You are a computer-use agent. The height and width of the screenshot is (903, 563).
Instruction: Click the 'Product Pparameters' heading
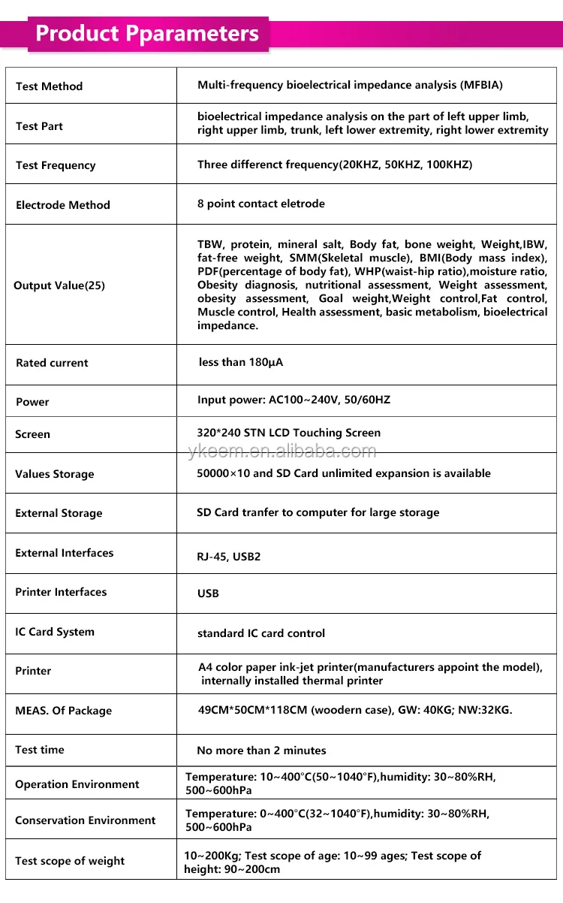pos(147,34)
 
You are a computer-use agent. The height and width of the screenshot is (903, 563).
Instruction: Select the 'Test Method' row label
pos(49,86)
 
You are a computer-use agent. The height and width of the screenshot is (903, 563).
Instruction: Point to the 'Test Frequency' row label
pos(56,165)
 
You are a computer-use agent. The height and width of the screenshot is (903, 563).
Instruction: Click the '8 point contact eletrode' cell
pos(261,204)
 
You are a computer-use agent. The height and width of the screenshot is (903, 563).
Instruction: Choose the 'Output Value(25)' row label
pos(59,285)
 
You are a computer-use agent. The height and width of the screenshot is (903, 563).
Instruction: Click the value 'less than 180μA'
pos(241,362)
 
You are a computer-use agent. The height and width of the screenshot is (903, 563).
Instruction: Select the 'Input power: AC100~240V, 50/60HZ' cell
pos(294,400)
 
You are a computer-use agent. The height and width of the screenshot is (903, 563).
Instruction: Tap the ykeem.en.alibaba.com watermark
pos(281,451)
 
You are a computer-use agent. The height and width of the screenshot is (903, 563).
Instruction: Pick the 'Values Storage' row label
pos(55,474)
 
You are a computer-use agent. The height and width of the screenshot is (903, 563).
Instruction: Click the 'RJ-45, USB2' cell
pos(229,557)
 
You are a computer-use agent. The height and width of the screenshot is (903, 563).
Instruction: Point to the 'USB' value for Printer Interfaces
pos(208,593)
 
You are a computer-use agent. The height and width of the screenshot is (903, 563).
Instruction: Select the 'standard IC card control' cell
pos(261,633)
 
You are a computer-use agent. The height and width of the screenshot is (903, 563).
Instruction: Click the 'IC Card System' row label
pos(55,632)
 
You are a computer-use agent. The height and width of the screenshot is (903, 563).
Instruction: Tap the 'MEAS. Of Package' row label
pos(63,711)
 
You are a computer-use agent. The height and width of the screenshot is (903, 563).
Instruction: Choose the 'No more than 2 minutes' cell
pos(261,750)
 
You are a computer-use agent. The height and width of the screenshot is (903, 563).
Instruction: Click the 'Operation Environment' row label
pos(77,784)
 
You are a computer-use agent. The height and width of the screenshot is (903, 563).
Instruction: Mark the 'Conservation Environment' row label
pos(86,820)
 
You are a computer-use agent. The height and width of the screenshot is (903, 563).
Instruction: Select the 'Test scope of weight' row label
pos(70,861)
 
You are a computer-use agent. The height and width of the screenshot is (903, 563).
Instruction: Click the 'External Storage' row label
pos(59,513)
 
